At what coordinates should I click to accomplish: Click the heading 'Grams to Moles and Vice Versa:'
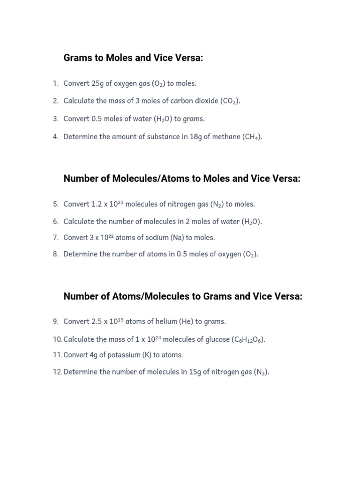134,58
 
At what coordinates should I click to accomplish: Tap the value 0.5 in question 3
96,119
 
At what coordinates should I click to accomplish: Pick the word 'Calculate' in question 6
79,222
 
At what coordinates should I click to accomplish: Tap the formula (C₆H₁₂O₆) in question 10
248,339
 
